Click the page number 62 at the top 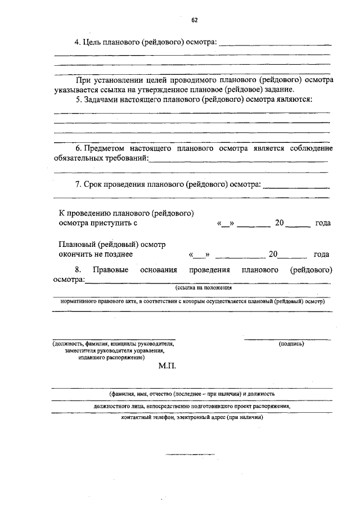[x=194, y=20]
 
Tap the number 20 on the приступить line [x=280, y=223]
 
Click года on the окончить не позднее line [x=322, y=254]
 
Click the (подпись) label [x=291, y=343]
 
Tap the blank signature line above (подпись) [x=287, y=339]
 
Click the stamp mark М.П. [x=168, y=366]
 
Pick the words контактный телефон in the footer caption [x=147, y=418]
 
